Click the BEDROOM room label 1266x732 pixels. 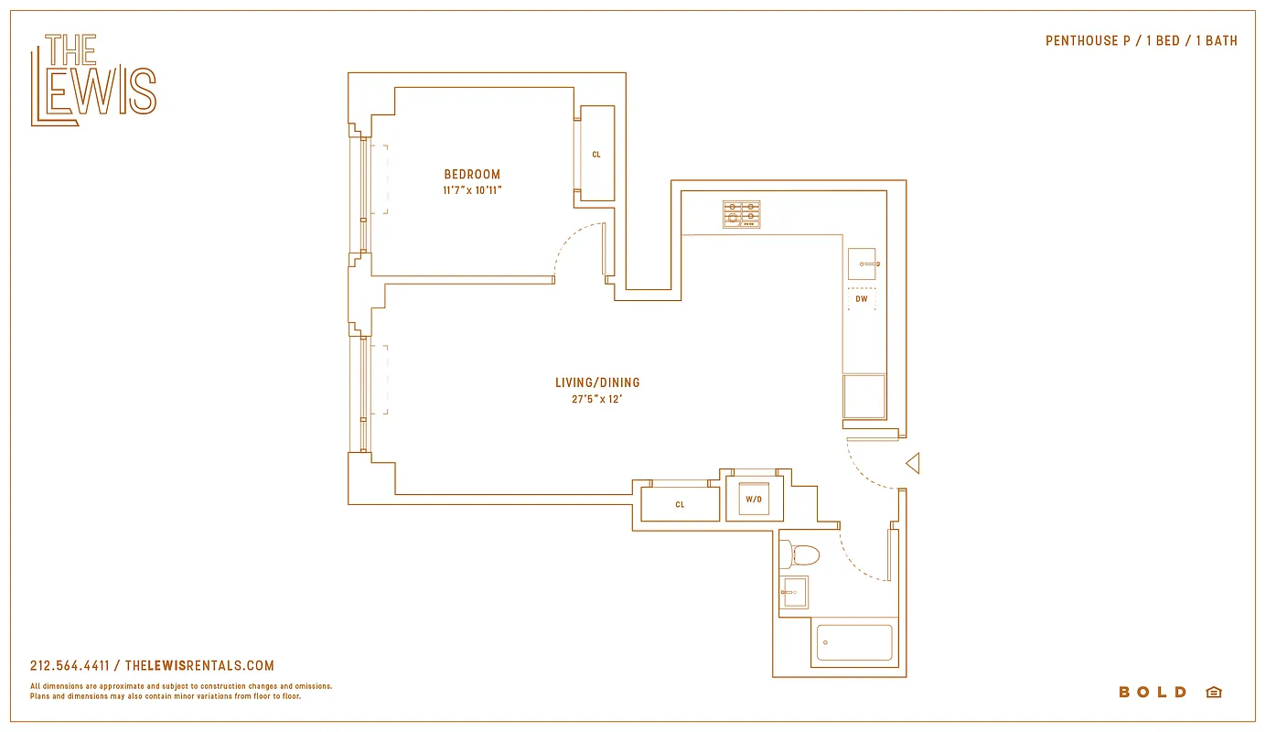[x=472, y=175]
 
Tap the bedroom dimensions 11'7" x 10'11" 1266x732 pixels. [x=472, y=190]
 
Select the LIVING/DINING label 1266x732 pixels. [x=597, y=382]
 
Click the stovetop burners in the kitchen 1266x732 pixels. [x=741, y=214]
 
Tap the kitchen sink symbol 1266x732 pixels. [x=862, y=264]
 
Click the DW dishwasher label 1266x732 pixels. [x=862, y=299]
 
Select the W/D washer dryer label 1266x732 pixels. [x=754, y=500]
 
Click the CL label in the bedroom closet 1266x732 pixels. [x=596, y=155]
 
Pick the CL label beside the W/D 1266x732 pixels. [x=680, y=504]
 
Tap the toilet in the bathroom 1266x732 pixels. [x=801, y=554]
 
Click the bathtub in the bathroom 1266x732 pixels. [x=854, y=642]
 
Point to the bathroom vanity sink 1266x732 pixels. [x=794, y=592]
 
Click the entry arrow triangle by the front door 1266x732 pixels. [x=912, y=464]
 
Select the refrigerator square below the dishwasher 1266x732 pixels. [x=864, y=396]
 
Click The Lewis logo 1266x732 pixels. [x=93, y=80]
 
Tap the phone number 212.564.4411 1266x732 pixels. [x=70, y=666]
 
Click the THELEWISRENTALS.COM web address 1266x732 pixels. [x=198, y=666]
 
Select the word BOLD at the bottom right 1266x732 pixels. [x=1153, y=693]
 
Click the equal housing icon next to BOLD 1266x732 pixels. [x=1214, y=693]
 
